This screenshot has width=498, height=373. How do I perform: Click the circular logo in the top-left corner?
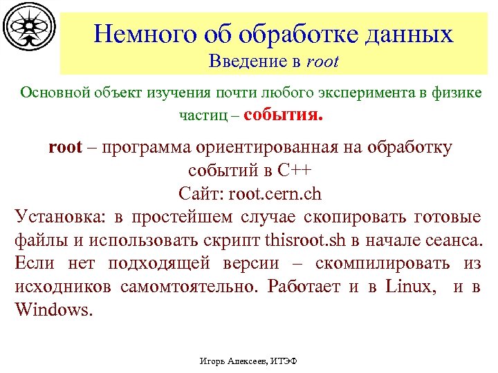point(28,28)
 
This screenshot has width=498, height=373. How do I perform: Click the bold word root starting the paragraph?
point(65,147)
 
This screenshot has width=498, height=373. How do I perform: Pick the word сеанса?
point(453,241)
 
